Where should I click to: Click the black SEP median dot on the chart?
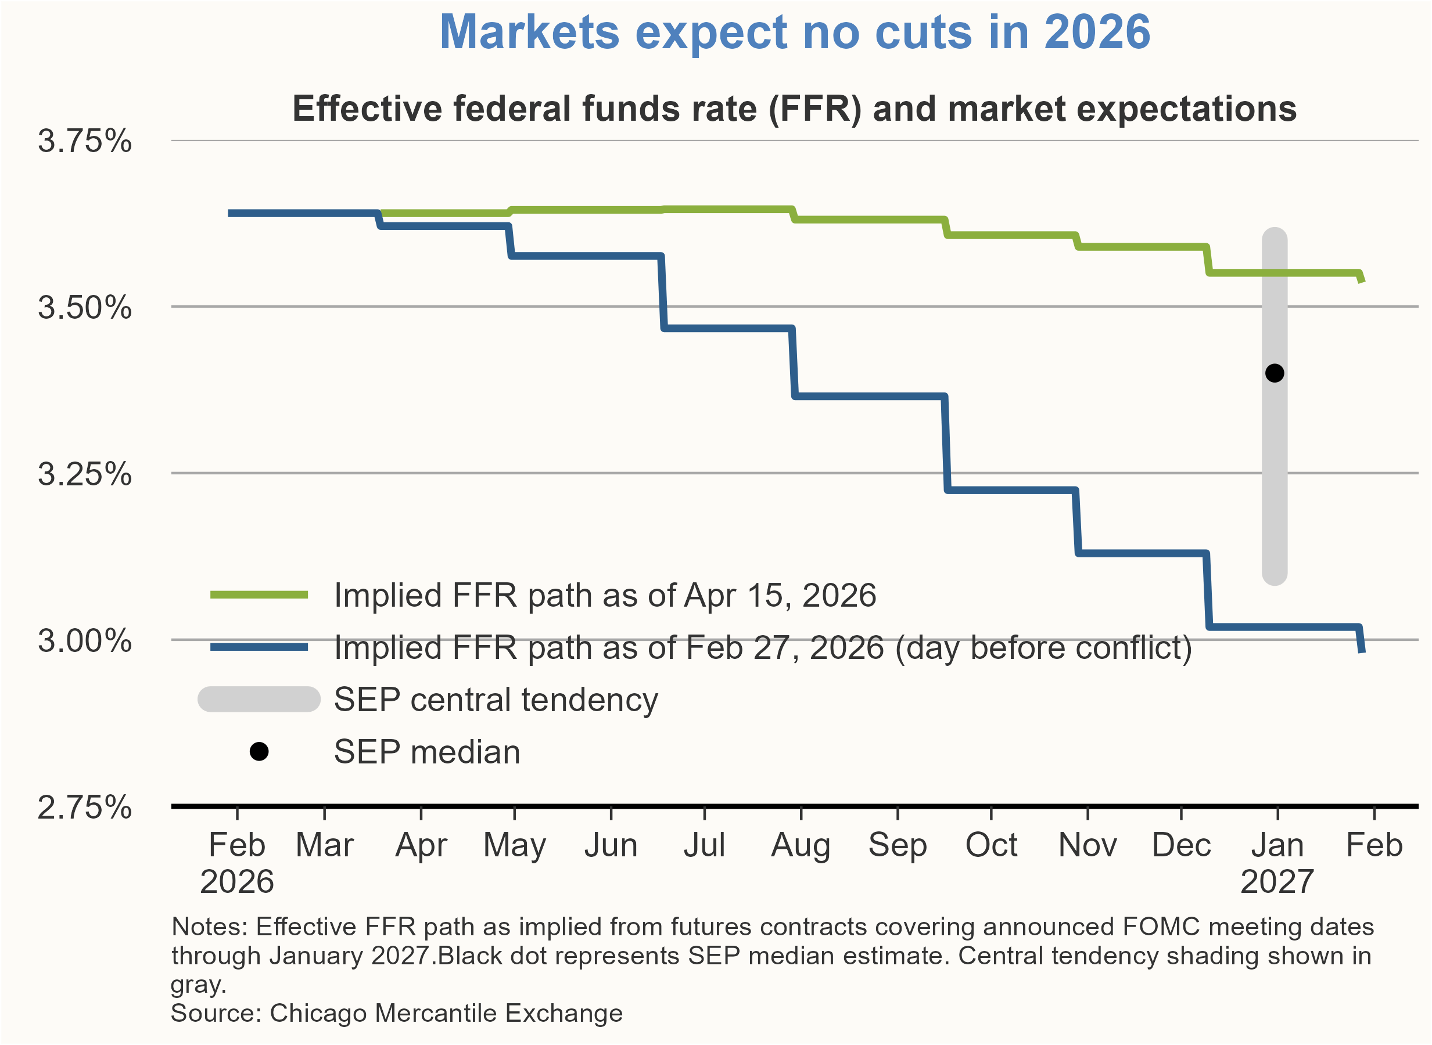point(1274,373)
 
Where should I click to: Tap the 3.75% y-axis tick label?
point(85,140)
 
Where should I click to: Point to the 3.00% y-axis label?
point(85,641)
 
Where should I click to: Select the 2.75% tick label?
point(85,808)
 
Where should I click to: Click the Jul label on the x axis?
point(704,845)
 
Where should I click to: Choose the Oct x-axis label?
point(991,845)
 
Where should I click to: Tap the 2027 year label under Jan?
point(1277,882)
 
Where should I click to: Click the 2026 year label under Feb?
point(236,882)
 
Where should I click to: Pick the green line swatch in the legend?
point(259,594)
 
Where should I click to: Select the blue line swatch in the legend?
point(259,647)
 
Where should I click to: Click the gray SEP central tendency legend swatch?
point(259,700)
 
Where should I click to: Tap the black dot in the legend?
point(259,751)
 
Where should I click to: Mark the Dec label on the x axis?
point(1182,845)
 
